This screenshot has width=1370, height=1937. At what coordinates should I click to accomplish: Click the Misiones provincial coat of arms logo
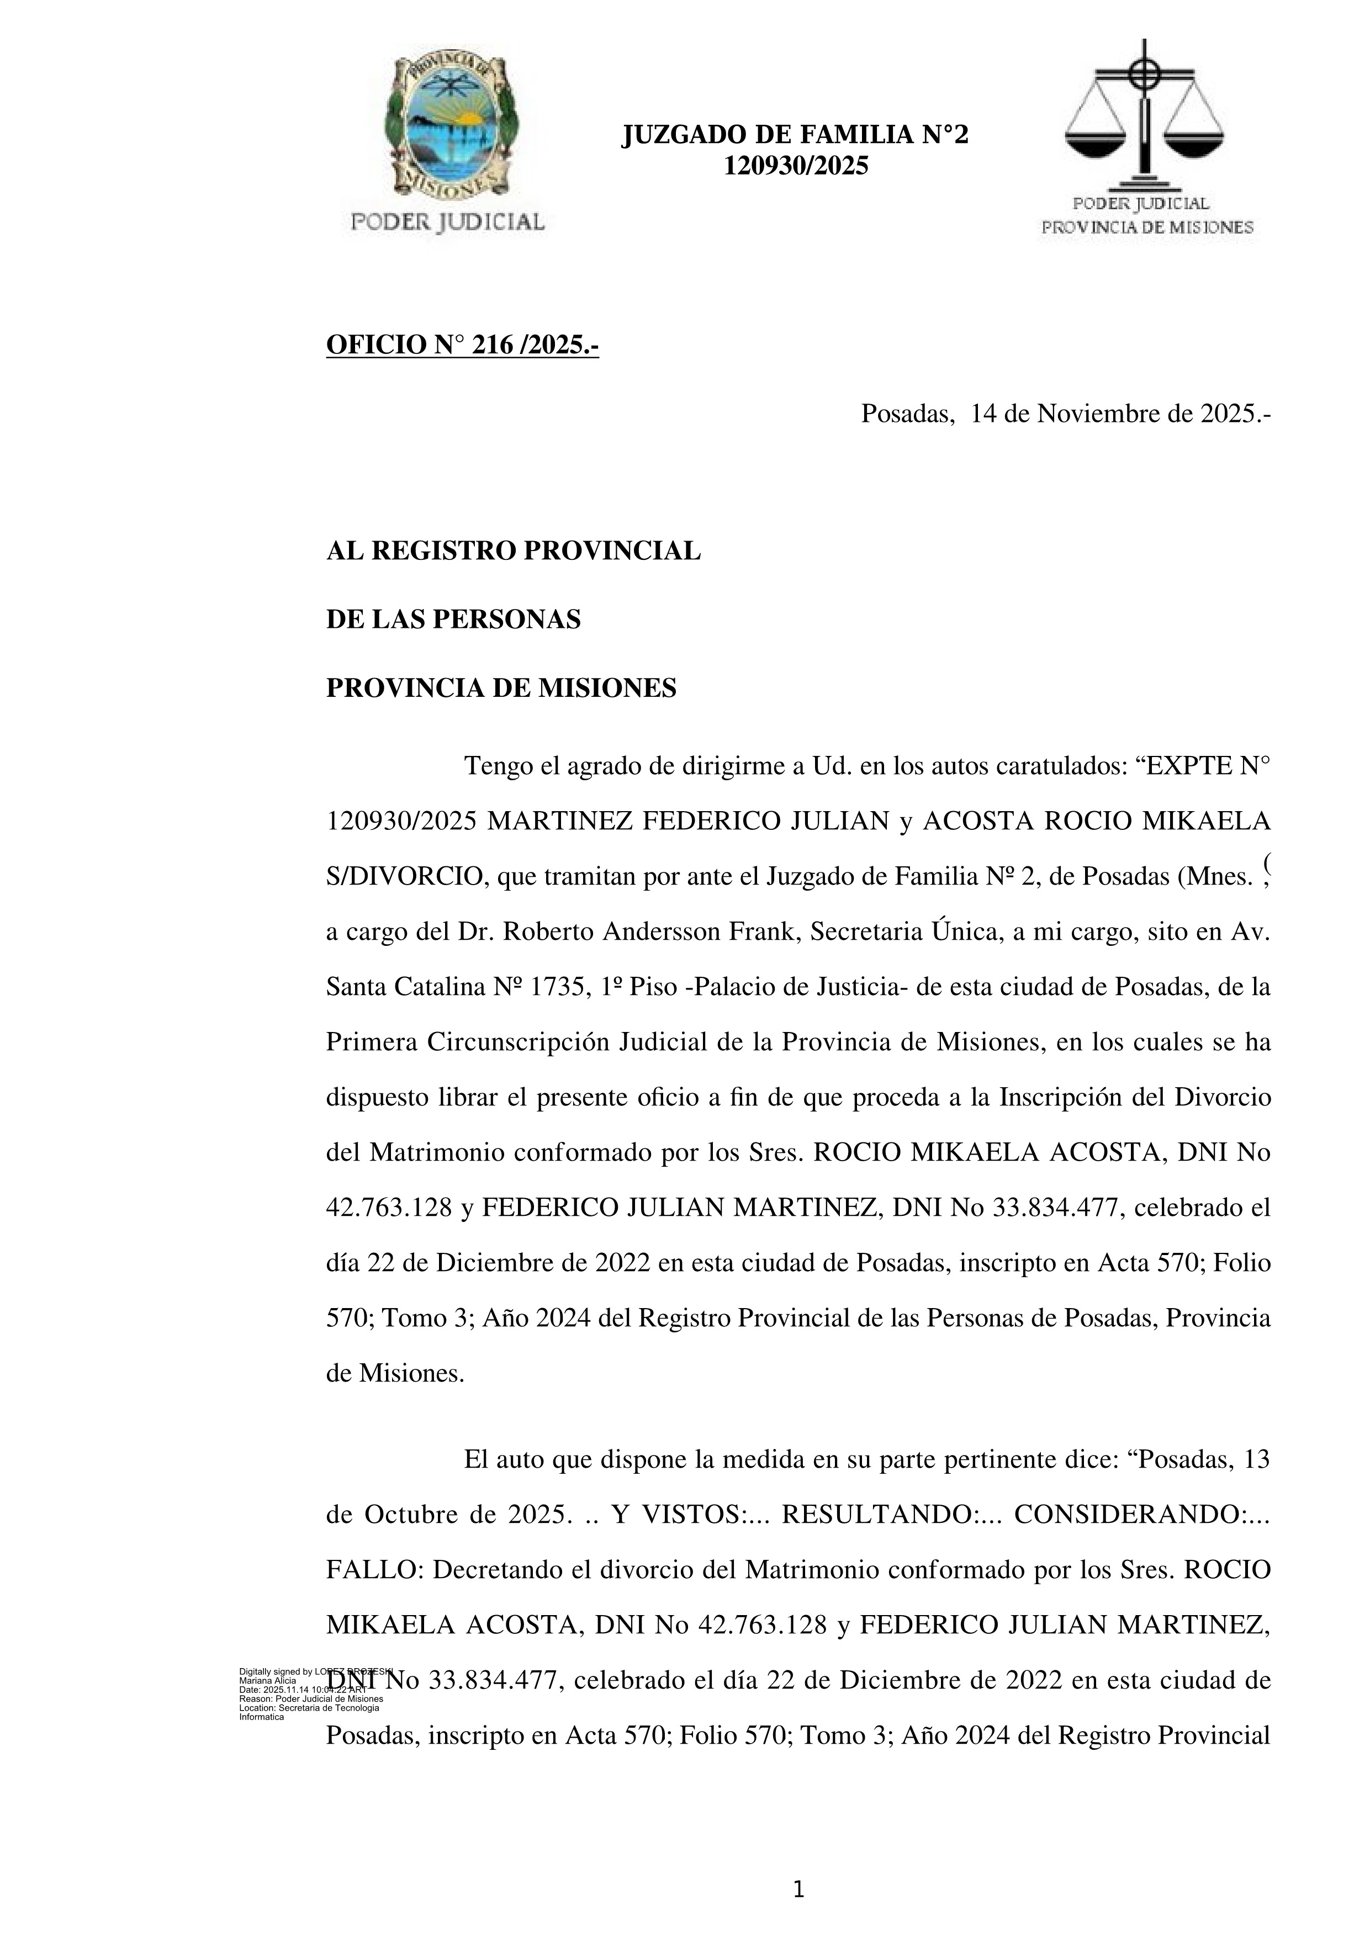click(449, 126)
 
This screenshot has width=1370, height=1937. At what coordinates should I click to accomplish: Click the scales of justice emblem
click(1144, 114)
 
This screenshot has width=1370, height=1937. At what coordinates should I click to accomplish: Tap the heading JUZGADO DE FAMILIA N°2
click(795, 135)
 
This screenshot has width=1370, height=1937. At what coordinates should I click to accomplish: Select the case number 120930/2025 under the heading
click(796, 166)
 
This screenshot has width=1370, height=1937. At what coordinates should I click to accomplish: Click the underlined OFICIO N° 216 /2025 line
click(462, 345)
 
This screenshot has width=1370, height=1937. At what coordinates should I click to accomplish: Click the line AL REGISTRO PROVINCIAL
click(513, 551)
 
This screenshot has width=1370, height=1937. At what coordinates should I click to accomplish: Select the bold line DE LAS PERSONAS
click(453, 620)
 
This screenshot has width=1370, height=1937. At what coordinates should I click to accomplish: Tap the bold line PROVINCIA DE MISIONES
click(501, 689)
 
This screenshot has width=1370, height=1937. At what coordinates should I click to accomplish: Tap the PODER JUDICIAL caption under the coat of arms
click(448, 222)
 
